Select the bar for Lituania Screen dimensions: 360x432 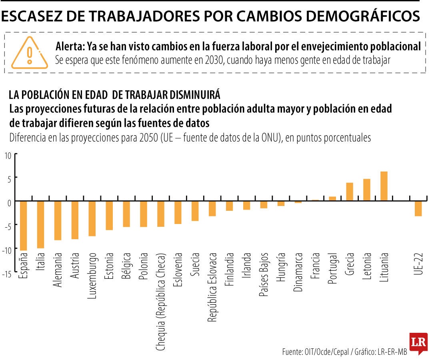[384, 186]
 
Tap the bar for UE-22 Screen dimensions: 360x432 [418, 208]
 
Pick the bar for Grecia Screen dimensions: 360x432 [349, 192]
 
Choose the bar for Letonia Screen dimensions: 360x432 [366, 190]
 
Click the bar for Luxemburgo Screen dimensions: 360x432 [92, 218]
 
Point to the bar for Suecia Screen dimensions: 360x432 [195, 211]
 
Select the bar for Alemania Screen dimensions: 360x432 [58, 220]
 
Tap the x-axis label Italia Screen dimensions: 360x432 [41, 262]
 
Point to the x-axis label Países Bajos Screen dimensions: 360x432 [264, 274]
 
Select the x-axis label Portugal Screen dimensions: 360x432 [332, 268]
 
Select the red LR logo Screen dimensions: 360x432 [418, 342]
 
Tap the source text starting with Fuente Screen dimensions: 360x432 [344, 352]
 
